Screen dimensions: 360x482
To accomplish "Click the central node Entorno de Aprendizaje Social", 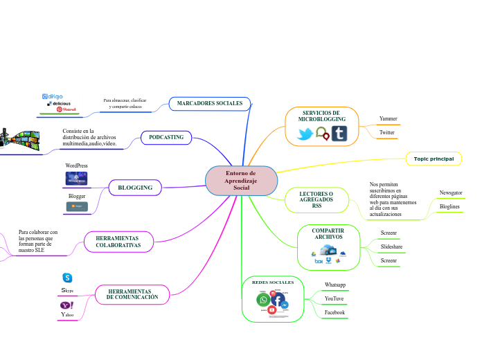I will click(x=241, y=181).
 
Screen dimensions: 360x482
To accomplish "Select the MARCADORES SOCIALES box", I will click(x=209, y=103).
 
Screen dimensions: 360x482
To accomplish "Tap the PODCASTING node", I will click(x=166, y=137).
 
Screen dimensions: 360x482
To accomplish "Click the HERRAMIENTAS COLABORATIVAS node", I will click(x=118, y=242).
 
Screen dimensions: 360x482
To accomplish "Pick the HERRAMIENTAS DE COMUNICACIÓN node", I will click(x=132, y=294).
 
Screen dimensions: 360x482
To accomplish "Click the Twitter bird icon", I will click(x=305, y=134).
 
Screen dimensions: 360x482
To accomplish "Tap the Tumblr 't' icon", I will click(x=339, y=134).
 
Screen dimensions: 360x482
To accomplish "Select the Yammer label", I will click(x=388, y=118).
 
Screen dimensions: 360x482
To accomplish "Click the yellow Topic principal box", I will click(x=434, y=159).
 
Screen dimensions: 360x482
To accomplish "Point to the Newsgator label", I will click(x=451, y=192).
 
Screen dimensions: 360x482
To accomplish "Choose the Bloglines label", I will click(x=450, y=206).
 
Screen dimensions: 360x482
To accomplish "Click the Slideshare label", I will click(x=391, y=246).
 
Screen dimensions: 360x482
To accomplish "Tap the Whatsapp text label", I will click(x=335, y=285).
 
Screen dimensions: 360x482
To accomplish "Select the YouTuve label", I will click(x=334, y=298).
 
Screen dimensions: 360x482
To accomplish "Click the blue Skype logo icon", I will click(x=67, y=278).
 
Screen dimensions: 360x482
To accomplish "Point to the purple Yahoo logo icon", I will click(x=67, y=305).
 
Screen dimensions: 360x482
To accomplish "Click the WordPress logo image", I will click(x=76, y=179).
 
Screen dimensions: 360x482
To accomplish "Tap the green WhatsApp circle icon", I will click(x=263, y=300).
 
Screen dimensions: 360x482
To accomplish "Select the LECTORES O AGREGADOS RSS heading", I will click(x=316, y=199).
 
